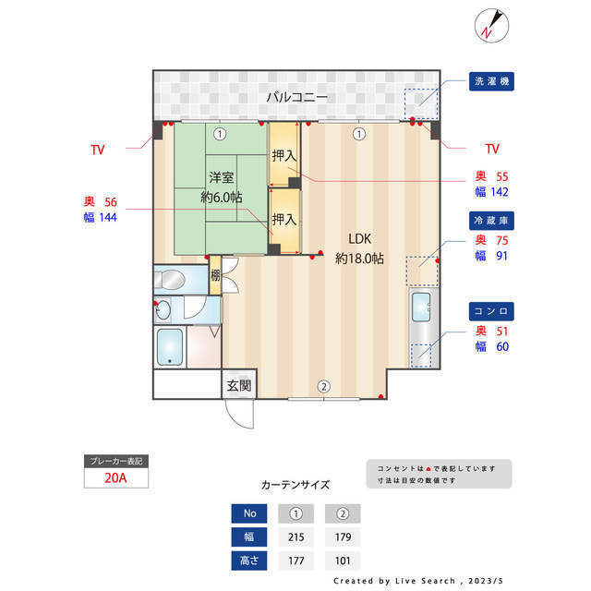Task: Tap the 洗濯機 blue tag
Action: (x=491, y=81)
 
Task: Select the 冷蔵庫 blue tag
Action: (x=491, y=221)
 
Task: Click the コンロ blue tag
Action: (x=491, y=311)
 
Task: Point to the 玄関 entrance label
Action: (x=237, y=385)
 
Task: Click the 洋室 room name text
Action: (x=221, y=176)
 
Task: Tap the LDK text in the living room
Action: (x=359, y=235)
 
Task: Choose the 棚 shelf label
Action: (x=215, y=274)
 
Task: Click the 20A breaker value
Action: (x=115, y=479)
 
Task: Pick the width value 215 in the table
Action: (x=297, y=536)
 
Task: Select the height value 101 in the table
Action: (x=342, y=560)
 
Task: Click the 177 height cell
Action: (x=297, y=560)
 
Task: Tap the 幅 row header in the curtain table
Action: (x=248, y=536)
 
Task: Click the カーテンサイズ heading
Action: (x=295, y=485)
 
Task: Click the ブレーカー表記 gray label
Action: (x=115, y=460)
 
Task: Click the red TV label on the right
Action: (x=491, y=149)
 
